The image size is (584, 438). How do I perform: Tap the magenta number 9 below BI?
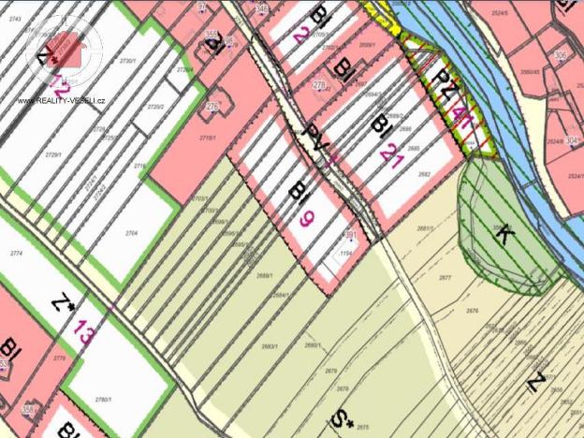(x=305, y=222)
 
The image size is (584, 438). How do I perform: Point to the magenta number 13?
(x=84, y=330)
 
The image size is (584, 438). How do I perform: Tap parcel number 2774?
(x=15, y=254)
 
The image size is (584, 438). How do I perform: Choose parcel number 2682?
(x=424, y=174)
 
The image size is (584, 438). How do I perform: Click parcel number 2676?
(x=472, y=311)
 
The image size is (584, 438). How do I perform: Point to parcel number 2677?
(x=445, y=278)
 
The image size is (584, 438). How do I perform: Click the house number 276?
(x=212, y=108)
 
